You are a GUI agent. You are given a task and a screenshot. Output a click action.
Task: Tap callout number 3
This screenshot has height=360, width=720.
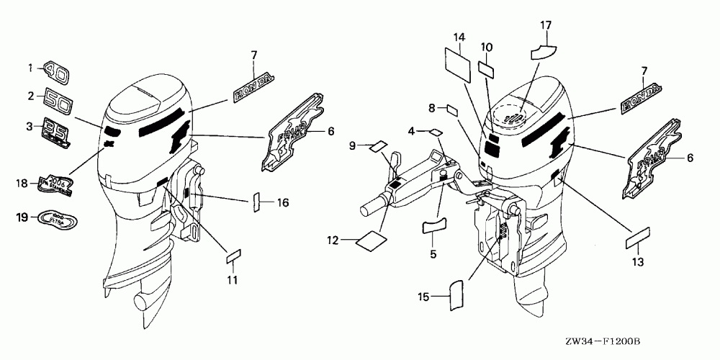point(30,127)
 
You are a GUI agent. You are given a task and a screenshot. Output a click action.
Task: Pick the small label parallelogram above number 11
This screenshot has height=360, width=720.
point(234,255)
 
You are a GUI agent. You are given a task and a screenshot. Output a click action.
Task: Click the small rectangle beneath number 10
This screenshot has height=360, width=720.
point(487,70)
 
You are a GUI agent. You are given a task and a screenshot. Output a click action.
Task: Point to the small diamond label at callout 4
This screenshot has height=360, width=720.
point(436,132)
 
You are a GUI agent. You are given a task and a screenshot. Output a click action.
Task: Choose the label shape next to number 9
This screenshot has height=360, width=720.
point(379,147)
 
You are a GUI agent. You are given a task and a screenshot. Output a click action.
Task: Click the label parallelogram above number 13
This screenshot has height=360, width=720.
point(638,236)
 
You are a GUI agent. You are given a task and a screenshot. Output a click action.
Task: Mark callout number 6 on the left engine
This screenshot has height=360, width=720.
point(331,131)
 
